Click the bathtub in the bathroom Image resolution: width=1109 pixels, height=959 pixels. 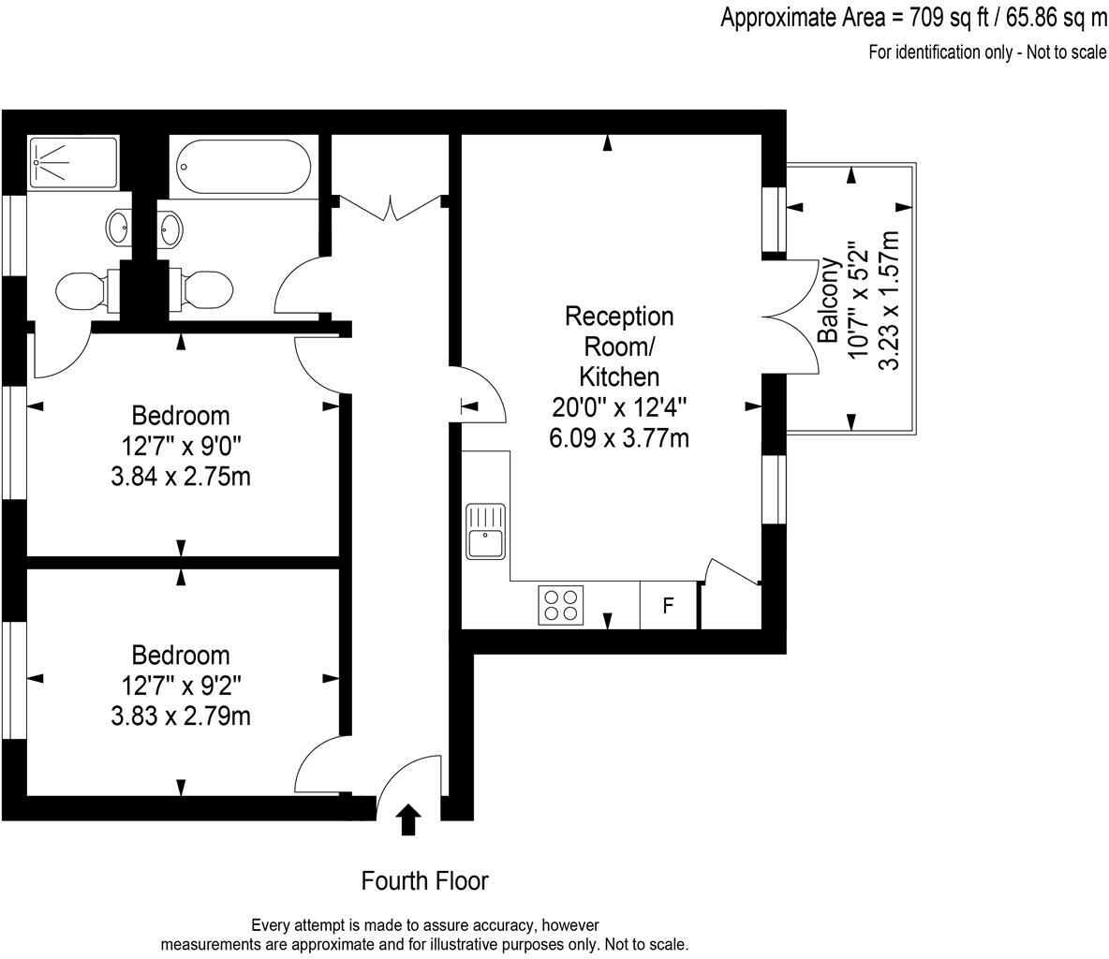244,166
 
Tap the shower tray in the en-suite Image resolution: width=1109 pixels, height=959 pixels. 73,162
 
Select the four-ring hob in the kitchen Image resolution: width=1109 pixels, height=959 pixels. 560,604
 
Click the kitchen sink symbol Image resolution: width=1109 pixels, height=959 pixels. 485,531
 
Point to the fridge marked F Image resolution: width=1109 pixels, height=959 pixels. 668,606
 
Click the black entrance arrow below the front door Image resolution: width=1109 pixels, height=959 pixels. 407,819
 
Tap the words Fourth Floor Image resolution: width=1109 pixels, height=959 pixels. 424,881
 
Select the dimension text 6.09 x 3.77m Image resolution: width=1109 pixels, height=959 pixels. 618,436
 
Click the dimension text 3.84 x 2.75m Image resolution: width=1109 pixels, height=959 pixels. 180,477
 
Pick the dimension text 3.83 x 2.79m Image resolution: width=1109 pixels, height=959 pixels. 180,716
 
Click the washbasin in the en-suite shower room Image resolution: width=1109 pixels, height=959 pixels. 119,227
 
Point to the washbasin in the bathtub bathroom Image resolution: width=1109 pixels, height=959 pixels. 170,227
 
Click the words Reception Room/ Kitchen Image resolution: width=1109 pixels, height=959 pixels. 618,347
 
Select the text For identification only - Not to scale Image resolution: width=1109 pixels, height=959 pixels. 987,52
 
